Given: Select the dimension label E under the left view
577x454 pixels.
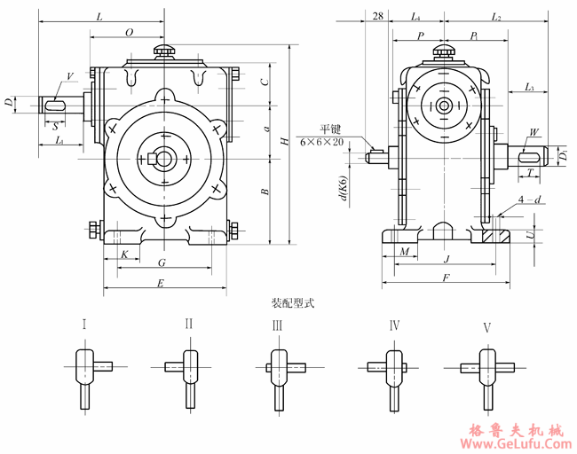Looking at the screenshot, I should [x=160, y=283].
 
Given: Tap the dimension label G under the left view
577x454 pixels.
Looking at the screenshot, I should [x=161, y=263].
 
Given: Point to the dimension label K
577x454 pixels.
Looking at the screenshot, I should [x=124, y=254].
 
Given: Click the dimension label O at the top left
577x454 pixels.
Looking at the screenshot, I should [x=129, y=32].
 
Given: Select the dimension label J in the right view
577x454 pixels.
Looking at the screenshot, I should [x=445, y=259].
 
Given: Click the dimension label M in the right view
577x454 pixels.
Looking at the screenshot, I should [x=405, y=253].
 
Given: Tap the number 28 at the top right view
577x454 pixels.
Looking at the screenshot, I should [x=378, y=17].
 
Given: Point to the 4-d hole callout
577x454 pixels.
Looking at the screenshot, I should [x=530, y=201].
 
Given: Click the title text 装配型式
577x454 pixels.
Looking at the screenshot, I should [x=292, y=302].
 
